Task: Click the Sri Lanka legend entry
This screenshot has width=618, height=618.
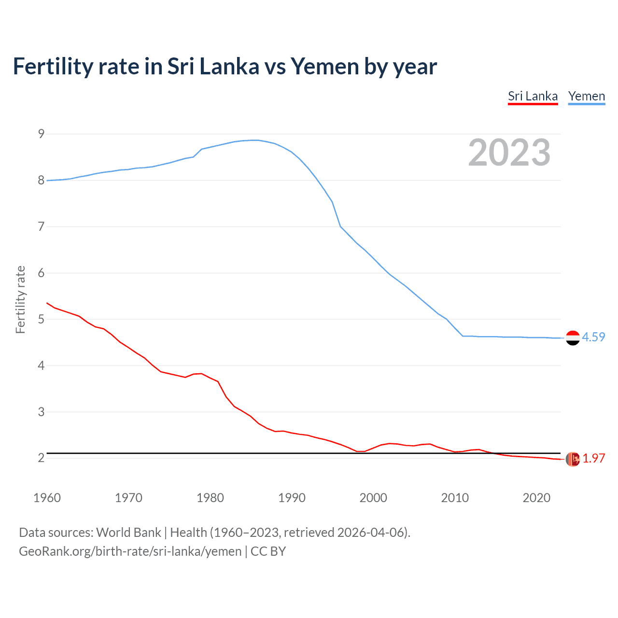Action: point(533,96)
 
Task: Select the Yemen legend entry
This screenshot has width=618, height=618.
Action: point(586,96)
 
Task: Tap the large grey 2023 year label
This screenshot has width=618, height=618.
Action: point(509,153)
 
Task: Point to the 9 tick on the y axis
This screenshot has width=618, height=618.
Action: point(41,134)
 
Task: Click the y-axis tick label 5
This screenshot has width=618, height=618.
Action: point(41,319)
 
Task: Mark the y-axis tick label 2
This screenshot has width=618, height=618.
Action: point(41,458)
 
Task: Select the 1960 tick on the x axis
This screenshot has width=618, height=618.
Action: point(47,498)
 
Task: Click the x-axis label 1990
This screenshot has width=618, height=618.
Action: point(292,498)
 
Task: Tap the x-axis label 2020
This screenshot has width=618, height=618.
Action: point(536,498)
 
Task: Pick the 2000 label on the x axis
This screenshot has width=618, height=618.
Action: point(373,498)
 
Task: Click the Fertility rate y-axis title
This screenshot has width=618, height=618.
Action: point(20,299)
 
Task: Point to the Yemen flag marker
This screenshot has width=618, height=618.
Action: point(573,338)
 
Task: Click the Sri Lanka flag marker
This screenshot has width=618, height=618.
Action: point(573,459)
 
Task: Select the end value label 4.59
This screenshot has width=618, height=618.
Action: point(593,337)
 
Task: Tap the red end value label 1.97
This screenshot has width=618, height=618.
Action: point(593,458)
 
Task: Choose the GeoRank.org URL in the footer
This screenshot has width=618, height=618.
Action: point(130,551)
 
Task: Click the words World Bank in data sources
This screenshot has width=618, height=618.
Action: point(128,532)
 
